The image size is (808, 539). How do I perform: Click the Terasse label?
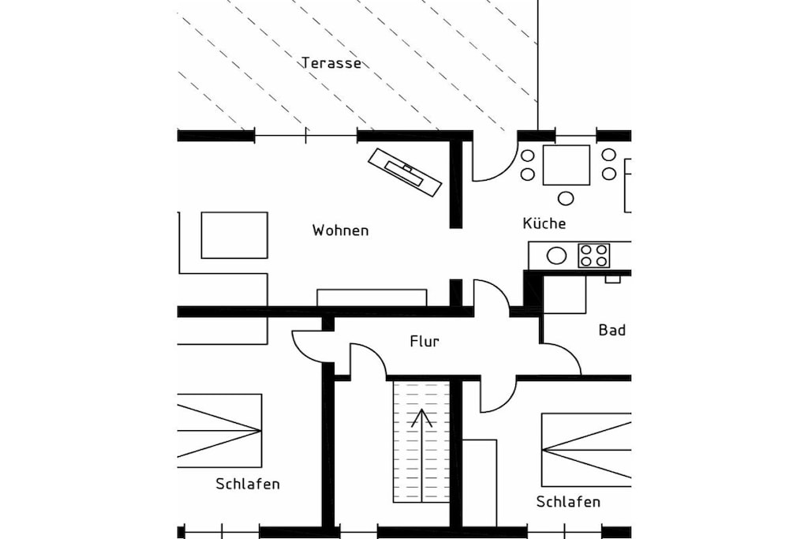(331, 63)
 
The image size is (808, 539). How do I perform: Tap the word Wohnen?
(340, 230)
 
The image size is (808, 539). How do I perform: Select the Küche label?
(544, 223)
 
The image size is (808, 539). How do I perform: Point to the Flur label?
(425, 341)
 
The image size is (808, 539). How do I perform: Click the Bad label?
(612, 330)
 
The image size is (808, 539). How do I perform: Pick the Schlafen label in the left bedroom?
(248, 484)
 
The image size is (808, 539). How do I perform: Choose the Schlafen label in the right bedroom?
(568, 501)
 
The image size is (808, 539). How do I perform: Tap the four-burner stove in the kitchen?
(593, 256)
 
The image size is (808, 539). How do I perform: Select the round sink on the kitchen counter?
(556, 256)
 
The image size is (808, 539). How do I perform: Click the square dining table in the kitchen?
(567, 165)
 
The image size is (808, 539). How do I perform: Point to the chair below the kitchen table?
(566, 198)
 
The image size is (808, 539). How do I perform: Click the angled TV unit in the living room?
(405, 172)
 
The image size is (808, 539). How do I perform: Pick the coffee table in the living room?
(234, 235)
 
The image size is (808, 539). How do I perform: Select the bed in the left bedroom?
(219, 431)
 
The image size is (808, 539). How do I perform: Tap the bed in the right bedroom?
(586, 450)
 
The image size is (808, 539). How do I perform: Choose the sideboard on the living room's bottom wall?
(372, 298)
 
